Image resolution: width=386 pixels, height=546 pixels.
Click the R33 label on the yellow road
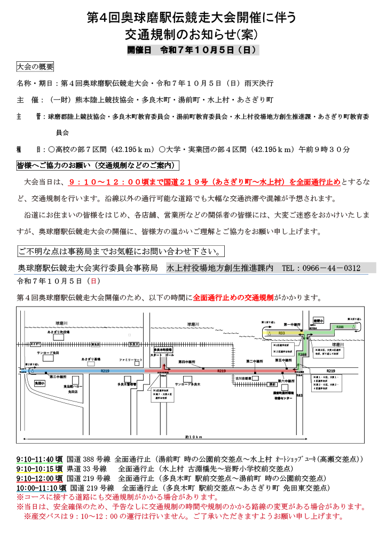click(x=281, y=333)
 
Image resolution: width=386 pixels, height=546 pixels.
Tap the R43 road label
click(x=300, y=395)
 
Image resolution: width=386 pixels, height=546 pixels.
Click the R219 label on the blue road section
click(x=105, y=371)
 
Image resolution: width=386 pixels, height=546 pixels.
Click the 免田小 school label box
click(x=41, y=383)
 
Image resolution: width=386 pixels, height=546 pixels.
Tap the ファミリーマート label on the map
click(x=130, y=360)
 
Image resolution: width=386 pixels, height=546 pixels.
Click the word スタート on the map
click(x=157, y=355)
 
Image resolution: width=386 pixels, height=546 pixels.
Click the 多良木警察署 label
click(x=127, y=384)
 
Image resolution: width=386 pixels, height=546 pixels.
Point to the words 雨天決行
click(x=258, y=83)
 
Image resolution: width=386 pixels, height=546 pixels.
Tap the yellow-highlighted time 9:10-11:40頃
click(x=40, y=459)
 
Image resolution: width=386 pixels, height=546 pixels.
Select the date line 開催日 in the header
click(x=193, y=50)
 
